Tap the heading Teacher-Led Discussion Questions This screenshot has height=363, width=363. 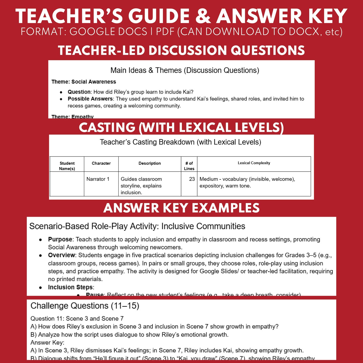pyautogui.click(x=181, y=50)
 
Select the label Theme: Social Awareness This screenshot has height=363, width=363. pyautogui.click(x=84, y=82)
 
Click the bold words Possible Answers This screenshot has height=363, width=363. pyautogui.click(x=90, y=99)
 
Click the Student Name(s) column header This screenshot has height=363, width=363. pyautogui.click(x=67, y=166)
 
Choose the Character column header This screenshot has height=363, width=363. pyautogui.click(x=101, y=163)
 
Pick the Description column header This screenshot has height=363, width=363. pyautogui.click(x=150, y=163)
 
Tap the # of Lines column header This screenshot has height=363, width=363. pyautogui.click(x=189, y=166)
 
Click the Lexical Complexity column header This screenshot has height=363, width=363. pyautogui.click(x=254, y=163)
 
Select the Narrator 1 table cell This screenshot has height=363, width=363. pyautogui.click(x=98, y=179)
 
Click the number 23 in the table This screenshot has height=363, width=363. pyautogui.click(x=192, y=179)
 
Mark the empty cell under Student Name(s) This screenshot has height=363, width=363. pyautogui.click(x=67, y=184)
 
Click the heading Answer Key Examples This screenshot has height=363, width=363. pyautogui.click(x=181, y=208)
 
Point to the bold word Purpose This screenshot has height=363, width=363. pyautogui.click(x=60, y=239)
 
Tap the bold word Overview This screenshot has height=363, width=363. pyautogui.click(x=61, y=255)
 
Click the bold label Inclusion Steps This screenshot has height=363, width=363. pyautogui.click(x=71, y=287)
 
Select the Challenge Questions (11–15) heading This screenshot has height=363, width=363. pyautogui.click(x=85, y=306)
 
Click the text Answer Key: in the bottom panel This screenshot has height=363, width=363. pyautogui.click(x=47, y=342)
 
